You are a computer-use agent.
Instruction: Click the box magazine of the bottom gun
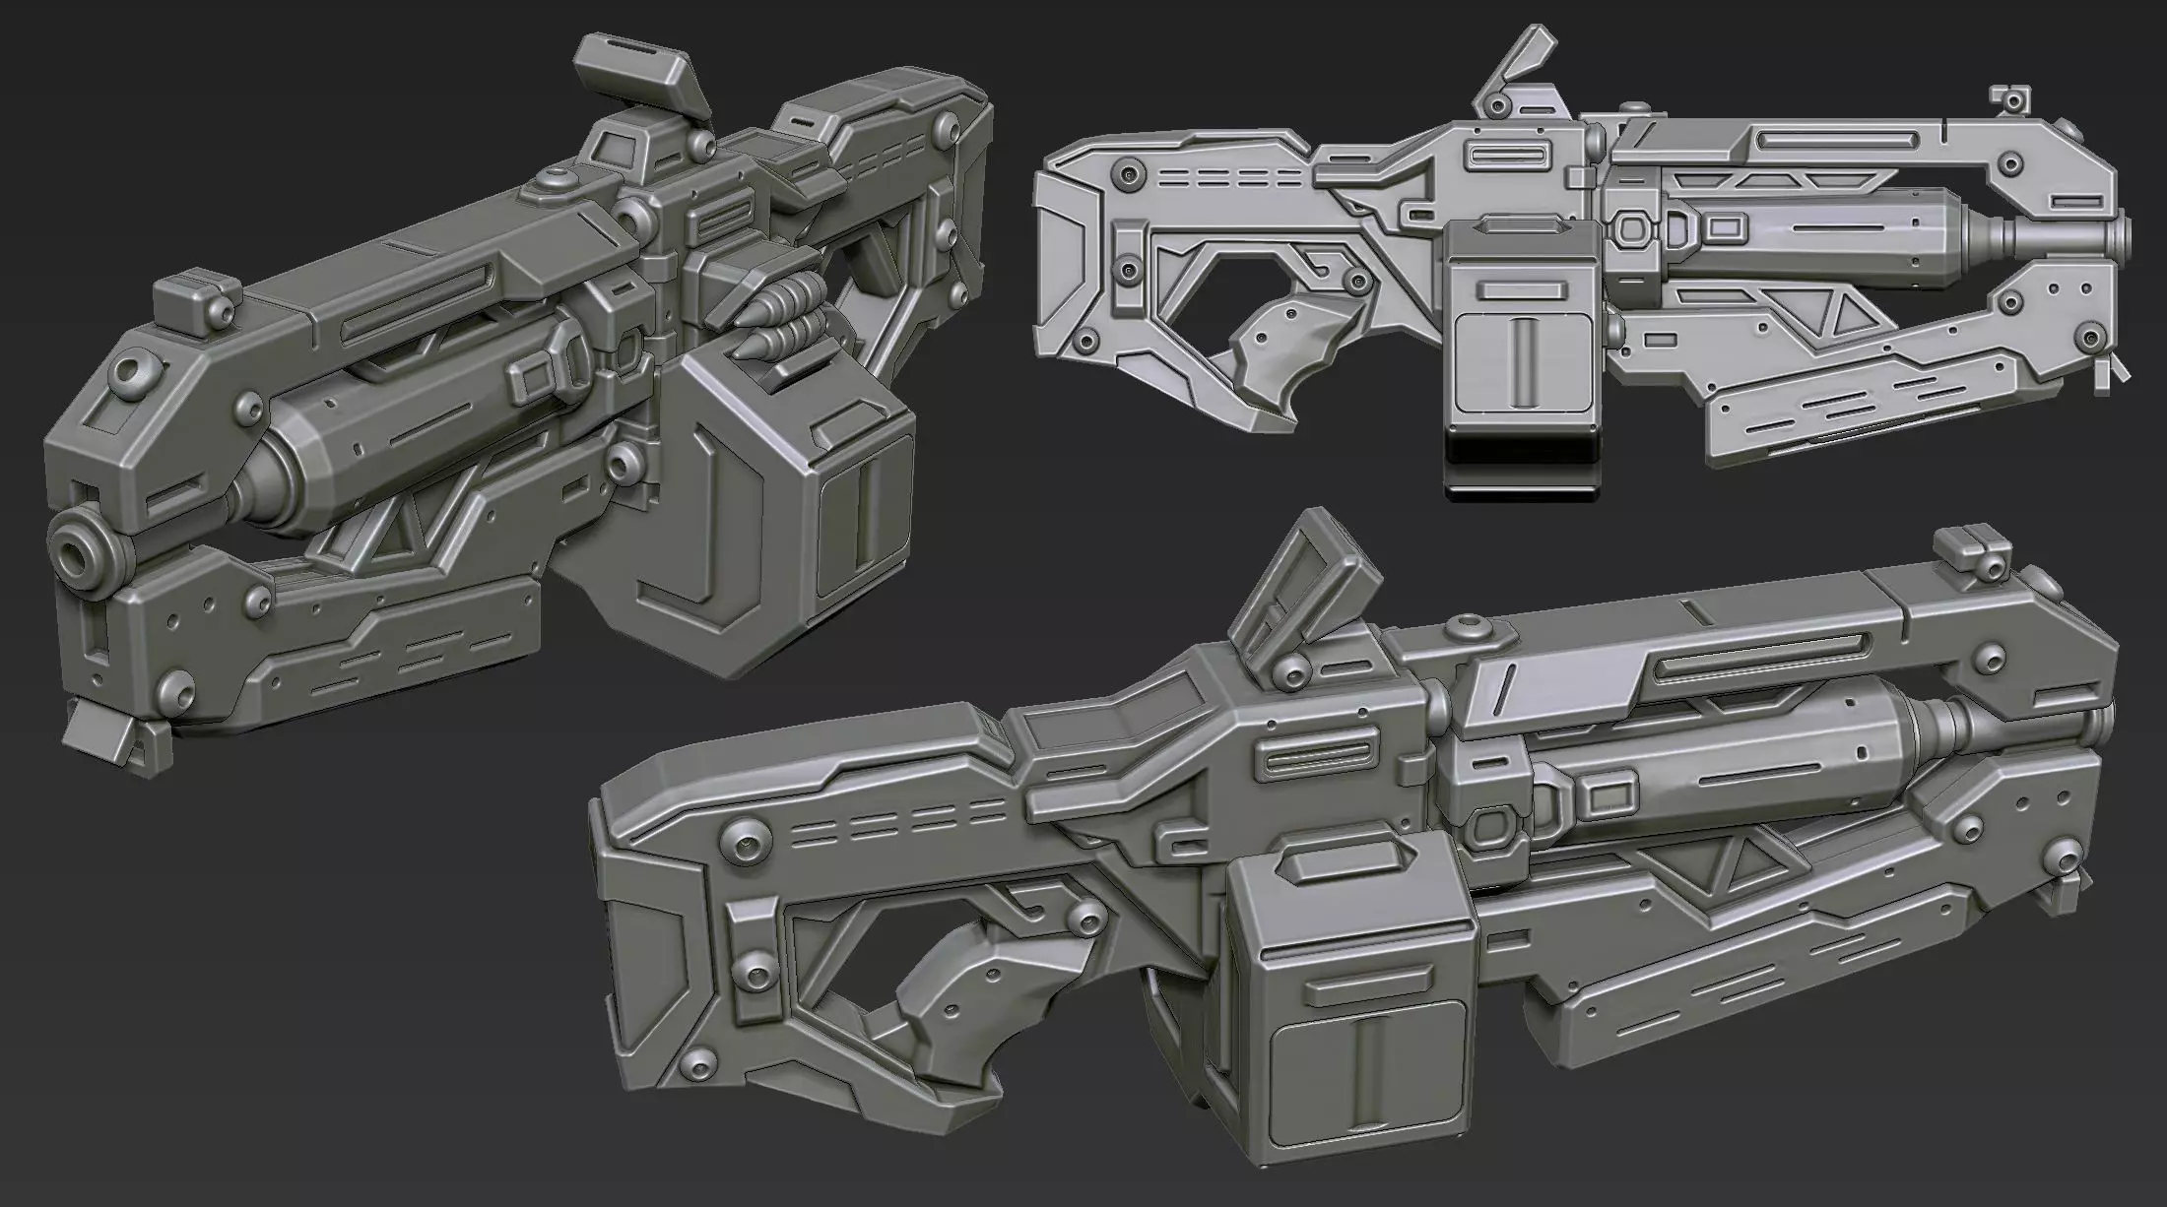pos(1354,994)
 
